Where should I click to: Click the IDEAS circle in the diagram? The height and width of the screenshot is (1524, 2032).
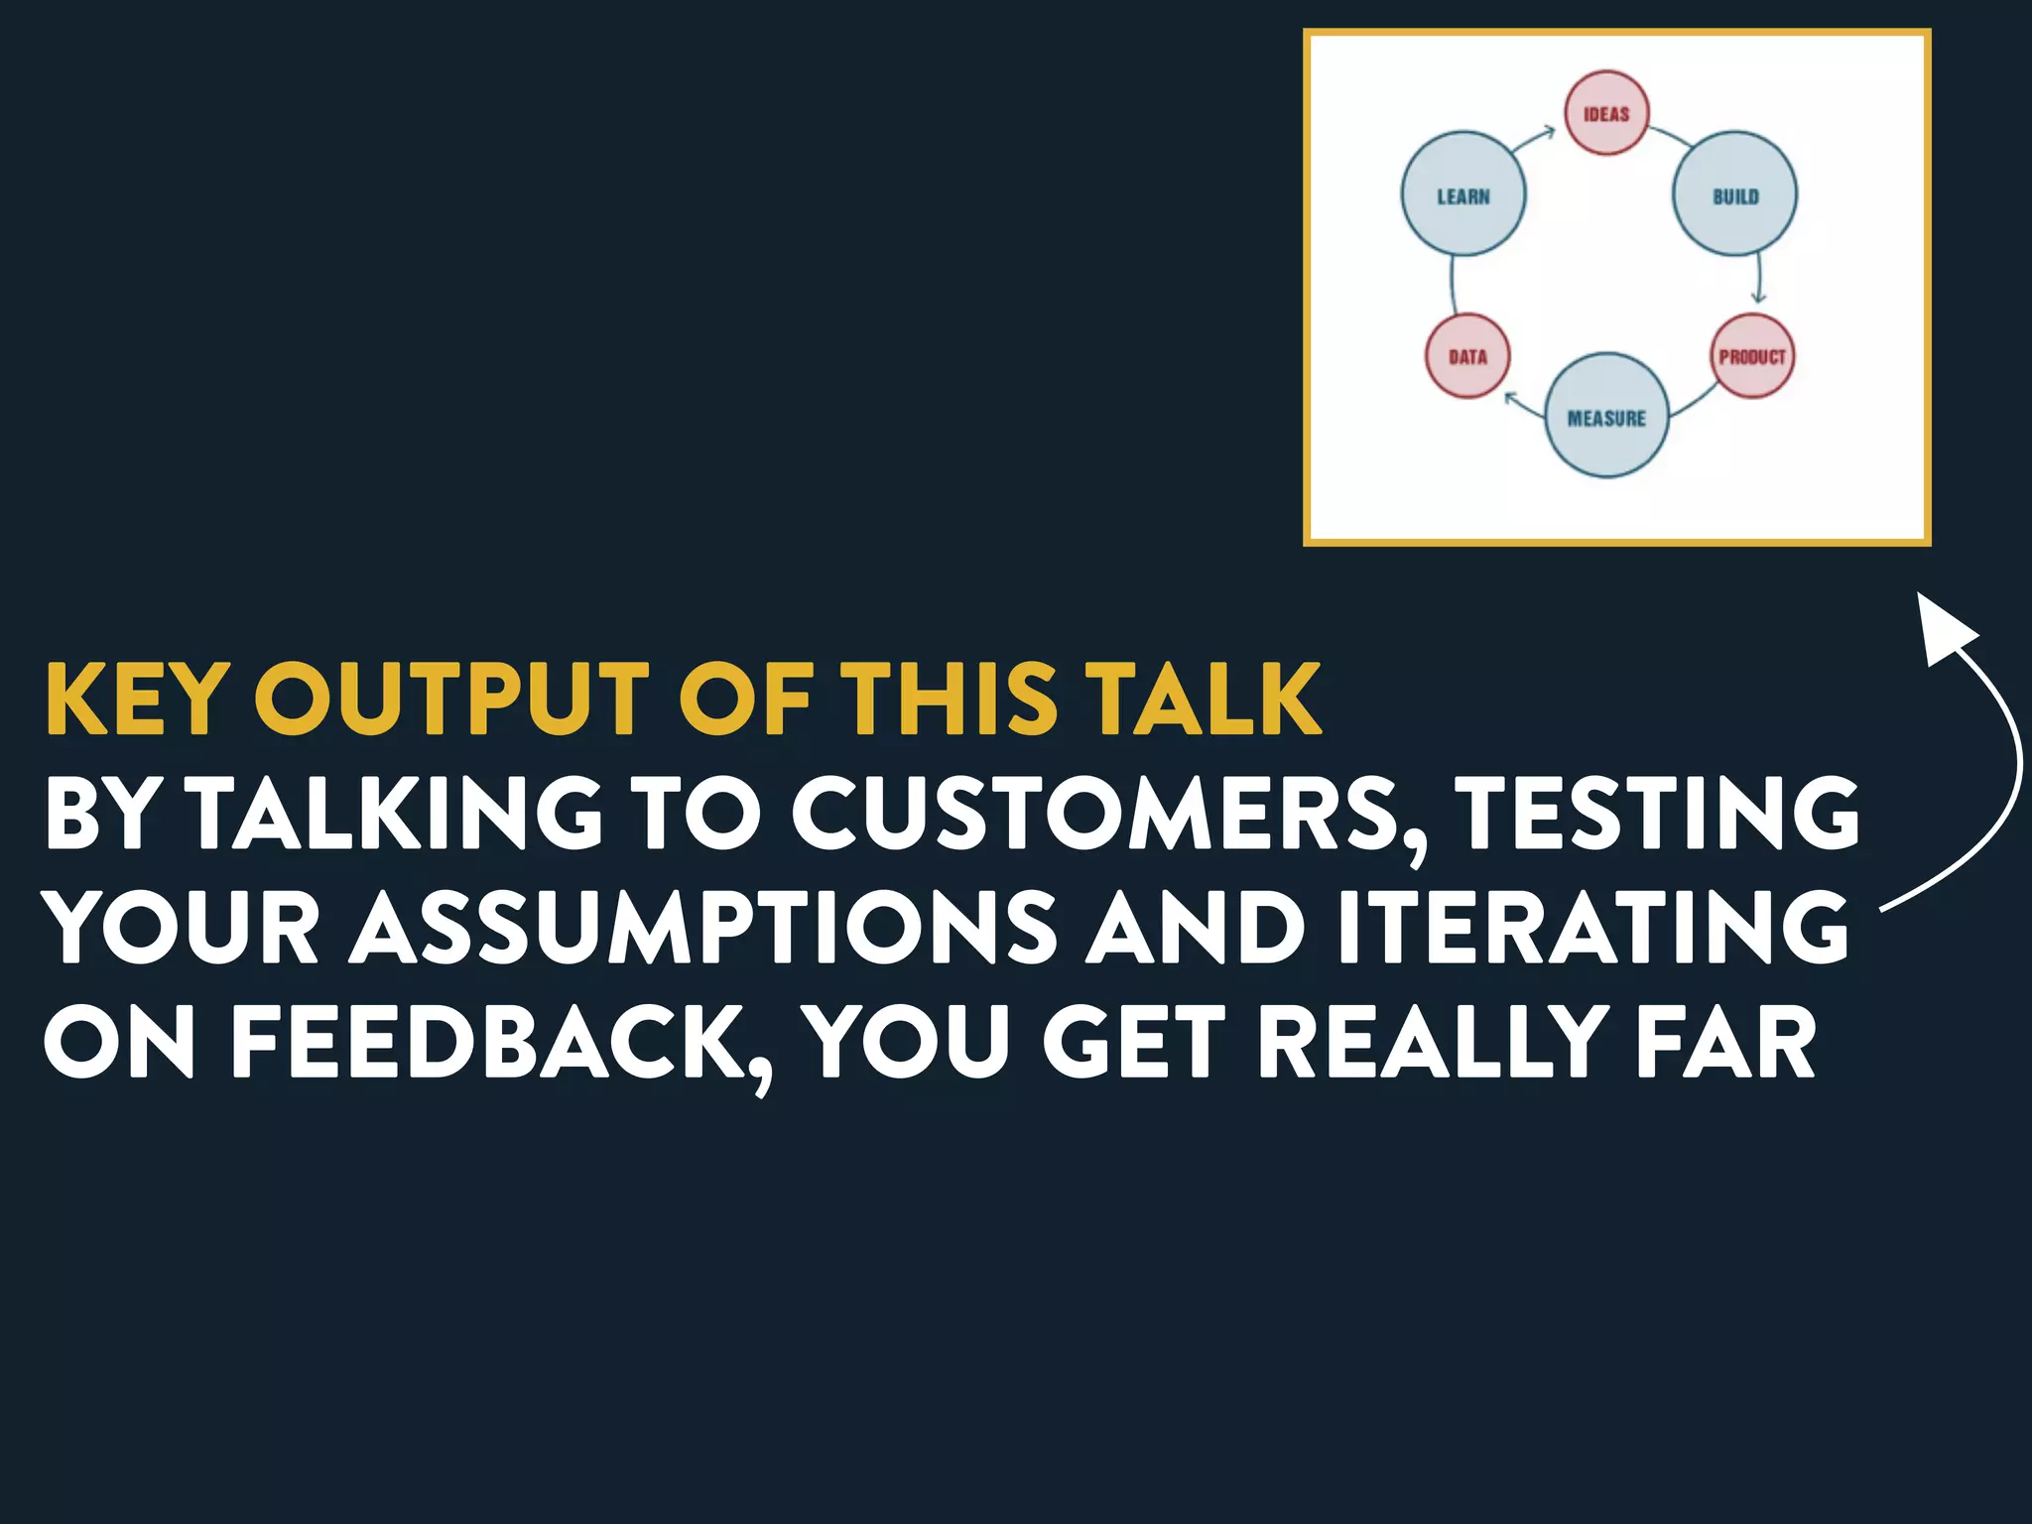point(1606,113)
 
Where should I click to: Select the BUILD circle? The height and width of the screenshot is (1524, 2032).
point(1734,194)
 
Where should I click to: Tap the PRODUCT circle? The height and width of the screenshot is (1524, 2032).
point(1752,356)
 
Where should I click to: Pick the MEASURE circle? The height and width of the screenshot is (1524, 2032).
point(1606,416)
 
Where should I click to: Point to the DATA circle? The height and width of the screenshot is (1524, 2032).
point(1467,356)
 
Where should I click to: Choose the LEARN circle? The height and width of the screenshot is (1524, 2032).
point(1463,194)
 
